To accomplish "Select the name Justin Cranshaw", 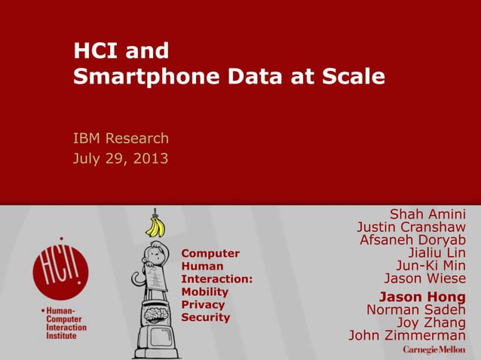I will tap(411, 227).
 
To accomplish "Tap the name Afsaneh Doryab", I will tap(412, 240).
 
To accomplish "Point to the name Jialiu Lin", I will tap(437, 252).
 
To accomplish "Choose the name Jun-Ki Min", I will tap(430, 265).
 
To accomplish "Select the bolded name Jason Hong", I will tap(421, 296).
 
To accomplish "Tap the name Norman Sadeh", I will tap(415, 310).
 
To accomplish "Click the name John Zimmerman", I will tap(407, 335).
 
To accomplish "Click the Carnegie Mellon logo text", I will tap(434, 351).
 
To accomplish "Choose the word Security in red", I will tap(205, 317).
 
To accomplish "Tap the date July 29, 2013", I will tap(121, 158).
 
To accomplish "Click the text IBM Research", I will tap(121, 139).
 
